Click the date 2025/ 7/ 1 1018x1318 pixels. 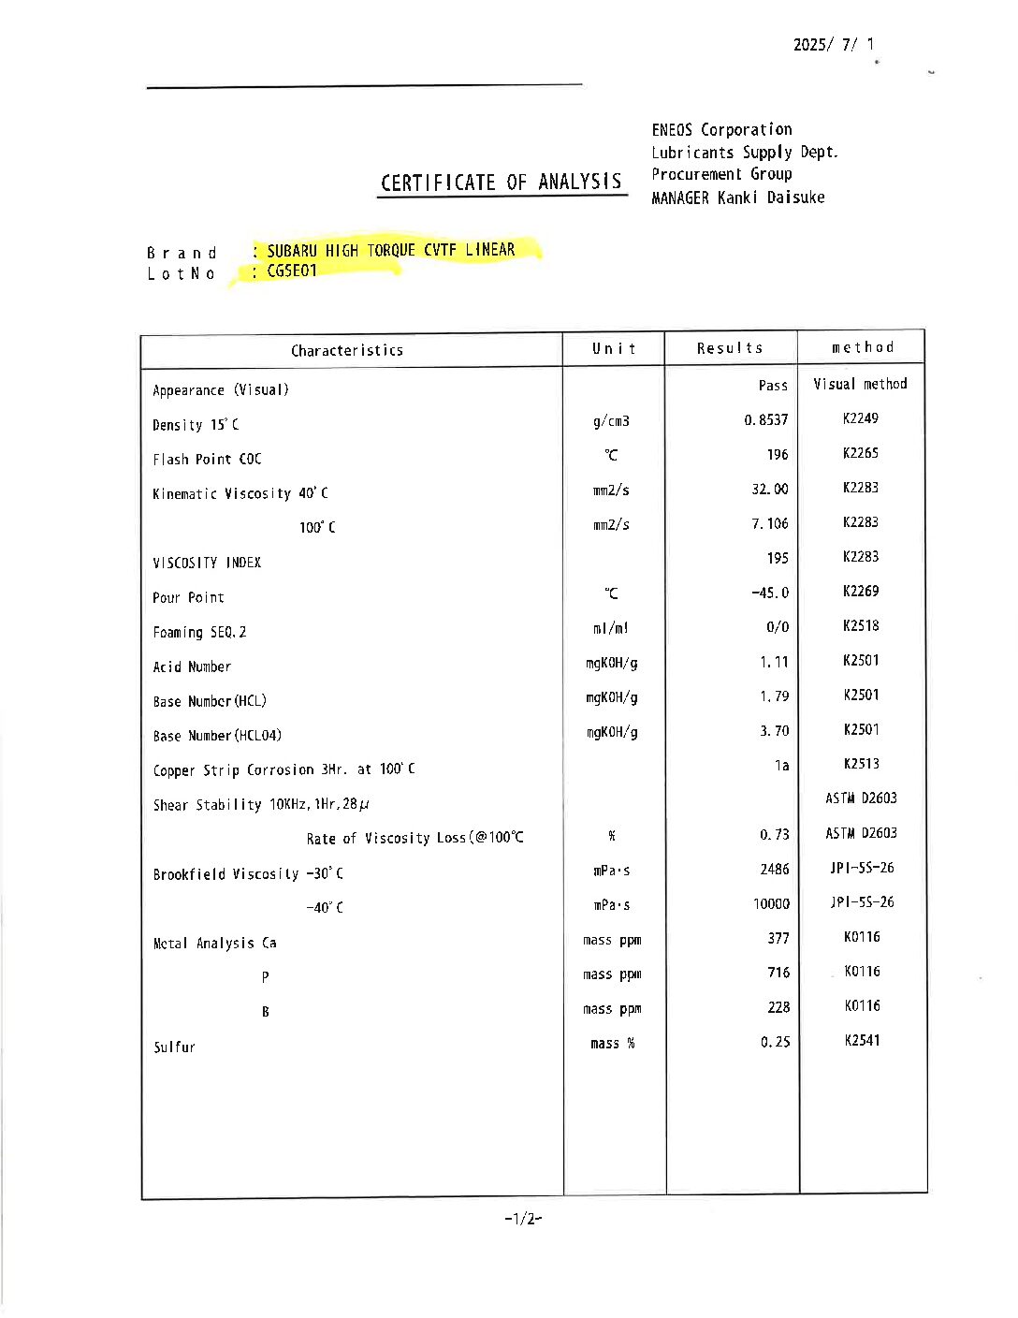pos(834,44)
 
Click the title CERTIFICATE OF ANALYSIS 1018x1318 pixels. pos(502,182)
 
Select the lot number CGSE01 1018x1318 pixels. pos(292,271)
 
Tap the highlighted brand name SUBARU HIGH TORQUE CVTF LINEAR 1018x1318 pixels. pos(390,250)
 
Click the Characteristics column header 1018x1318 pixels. pos(347,350)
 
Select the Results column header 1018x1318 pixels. pos(730,348)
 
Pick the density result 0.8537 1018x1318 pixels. pos(766,420)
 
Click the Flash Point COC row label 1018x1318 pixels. pos(207,459)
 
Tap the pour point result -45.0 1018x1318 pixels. pos(770,593)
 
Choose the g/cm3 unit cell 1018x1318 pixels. pos(611,421)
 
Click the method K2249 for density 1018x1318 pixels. pos(861,418)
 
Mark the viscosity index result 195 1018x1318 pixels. pos(778,558)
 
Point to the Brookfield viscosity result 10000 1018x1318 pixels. pos(771,903)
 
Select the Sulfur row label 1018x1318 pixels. pos(175,1047)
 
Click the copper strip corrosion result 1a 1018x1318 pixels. pos(781,766)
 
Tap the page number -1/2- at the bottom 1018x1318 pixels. pos(523,1218)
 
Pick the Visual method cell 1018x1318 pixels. pos(860,384)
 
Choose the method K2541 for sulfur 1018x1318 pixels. pos(862,1040)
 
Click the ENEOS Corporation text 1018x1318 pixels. pos(721,129)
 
